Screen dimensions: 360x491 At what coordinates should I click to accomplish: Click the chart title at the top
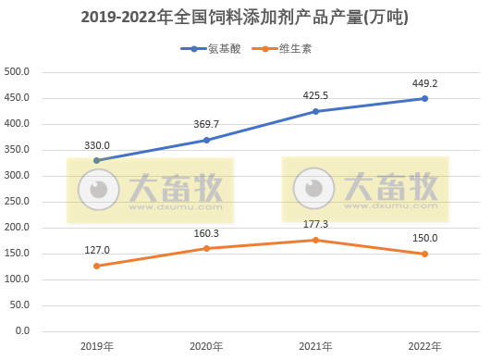[245, 18]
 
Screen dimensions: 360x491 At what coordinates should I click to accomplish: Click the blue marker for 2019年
[97, 160]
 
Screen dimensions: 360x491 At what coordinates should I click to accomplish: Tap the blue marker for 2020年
[206, 140]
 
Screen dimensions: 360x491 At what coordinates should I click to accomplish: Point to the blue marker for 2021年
[315, 111]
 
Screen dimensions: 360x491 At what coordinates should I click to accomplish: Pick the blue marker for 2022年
[424, 98]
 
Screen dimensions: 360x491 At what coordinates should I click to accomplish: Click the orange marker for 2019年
[97, 266]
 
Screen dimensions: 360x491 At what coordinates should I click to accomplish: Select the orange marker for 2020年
[206, 248]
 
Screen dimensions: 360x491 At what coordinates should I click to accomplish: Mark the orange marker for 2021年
[315, 240]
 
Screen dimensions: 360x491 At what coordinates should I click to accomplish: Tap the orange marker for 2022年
[424, 254]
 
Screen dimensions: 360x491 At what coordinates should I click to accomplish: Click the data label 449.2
[424, 82]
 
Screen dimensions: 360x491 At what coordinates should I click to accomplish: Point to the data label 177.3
[315, 224]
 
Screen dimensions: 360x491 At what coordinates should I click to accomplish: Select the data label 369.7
[206, 124]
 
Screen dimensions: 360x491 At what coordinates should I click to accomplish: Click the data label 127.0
[97, 250]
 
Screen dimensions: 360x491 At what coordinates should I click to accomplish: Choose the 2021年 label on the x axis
[315, 347]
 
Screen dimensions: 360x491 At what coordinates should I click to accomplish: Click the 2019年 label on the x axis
[97, 347]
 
